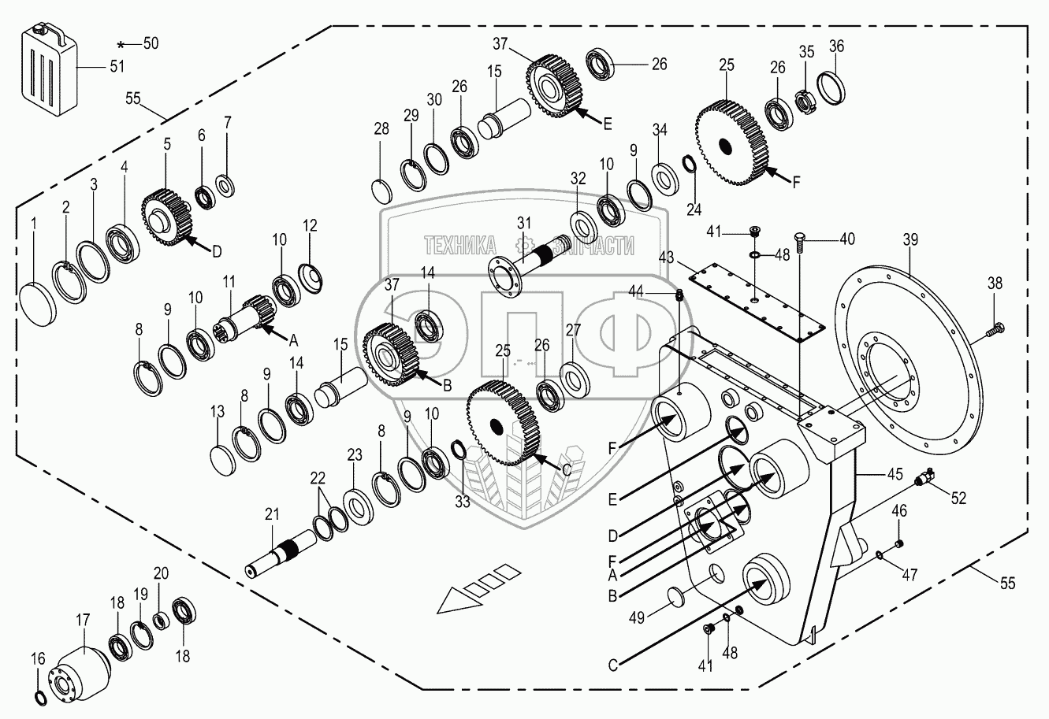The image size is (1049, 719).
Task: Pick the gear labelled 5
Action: [x=167, y=216]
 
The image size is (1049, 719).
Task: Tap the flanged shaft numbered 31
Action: [x=536, y=257]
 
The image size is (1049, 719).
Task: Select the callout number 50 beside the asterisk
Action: [x=150, y=44]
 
